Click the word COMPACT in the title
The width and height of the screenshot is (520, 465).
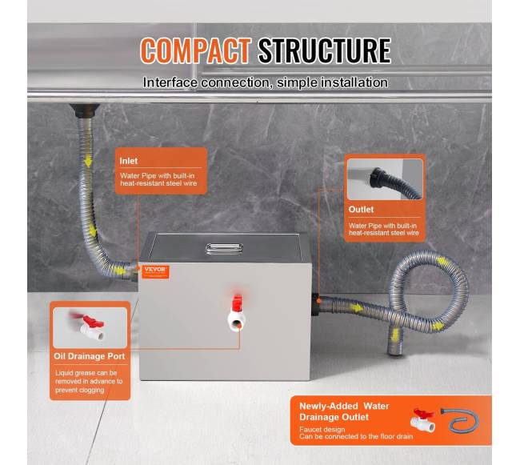point(196,50)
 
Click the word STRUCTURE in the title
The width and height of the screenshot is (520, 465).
point(325,50)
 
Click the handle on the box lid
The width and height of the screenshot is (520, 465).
point(224,249)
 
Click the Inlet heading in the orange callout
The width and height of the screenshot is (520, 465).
point(128,161)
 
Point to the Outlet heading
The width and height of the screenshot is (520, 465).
point(361,210)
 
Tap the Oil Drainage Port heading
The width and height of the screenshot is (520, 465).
point(90,356)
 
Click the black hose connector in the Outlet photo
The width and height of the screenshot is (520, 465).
point(378,178)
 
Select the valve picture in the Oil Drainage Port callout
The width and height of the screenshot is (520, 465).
point(90,327)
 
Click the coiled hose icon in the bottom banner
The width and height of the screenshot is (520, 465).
point(461,421)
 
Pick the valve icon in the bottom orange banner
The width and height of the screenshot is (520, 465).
point(422,420)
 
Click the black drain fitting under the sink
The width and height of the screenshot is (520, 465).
point(84,110)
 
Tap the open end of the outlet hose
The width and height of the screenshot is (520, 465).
point(394,351)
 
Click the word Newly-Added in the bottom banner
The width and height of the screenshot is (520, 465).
point(328,406)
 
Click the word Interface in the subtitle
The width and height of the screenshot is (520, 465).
point(170,82)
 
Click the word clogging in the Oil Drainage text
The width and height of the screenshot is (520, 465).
point(90,391)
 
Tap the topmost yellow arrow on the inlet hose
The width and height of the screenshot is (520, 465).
point(88,162)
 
